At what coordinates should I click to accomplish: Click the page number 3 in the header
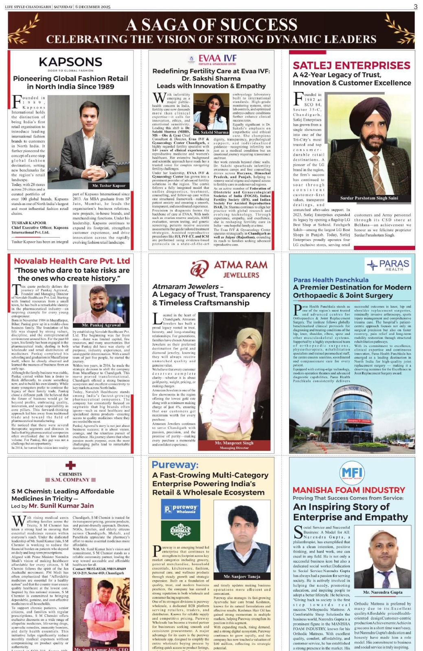click(x=415, y=6)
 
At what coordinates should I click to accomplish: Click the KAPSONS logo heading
click(x=70, y=62)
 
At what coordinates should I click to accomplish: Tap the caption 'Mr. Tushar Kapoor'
click(x=109, y=186)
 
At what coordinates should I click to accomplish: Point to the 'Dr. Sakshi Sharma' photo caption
click(x=211, y=132)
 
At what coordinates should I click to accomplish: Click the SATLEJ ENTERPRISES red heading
click(x=351, y=65)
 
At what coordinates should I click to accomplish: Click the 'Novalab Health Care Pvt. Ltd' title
click(x=72, y=261)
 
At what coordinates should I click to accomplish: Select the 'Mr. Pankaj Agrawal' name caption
click(x=101, y=325)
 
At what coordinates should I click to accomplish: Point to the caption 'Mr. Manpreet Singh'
click(x=234, y=443)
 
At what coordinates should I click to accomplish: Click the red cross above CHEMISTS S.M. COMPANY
click(x=70, y=465)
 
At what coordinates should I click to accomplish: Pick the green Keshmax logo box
click(x=180, y=530)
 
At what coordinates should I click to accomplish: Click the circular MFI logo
click(x=352, y=472)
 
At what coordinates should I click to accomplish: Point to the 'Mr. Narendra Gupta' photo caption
click(x=382, y=592)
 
